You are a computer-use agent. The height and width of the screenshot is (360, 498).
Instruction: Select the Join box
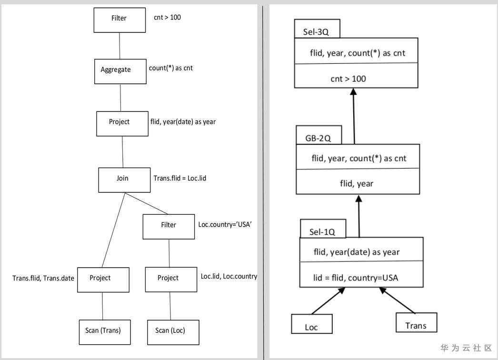click(123, 179)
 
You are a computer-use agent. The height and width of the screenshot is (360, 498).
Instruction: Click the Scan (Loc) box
click(170, 330)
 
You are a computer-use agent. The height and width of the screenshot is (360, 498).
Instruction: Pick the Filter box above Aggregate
click(119, 19)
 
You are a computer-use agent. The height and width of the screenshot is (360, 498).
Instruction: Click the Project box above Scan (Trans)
click(102, 279)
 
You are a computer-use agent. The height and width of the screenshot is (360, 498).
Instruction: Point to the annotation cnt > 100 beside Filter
click(167, 18)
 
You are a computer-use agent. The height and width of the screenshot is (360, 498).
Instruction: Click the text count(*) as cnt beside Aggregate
click(171, 68)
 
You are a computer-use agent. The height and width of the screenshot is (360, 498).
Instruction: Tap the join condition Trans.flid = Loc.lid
click(179, 178)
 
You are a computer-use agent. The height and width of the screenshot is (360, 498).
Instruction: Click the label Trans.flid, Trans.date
click(43, 278)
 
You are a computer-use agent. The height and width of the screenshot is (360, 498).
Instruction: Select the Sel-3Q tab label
click(316, 32)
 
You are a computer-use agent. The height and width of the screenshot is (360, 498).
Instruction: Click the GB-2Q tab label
click(318, 138)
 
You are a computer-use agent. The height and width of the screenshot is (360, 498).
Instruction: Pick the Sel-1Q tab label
click(322, 232)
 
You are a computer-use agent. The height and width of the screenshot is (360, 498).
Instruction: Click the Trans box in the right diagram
click(416, 325)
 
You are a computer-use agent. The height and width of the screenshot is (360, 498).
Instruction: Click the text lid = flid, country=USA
click(356, 277)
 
